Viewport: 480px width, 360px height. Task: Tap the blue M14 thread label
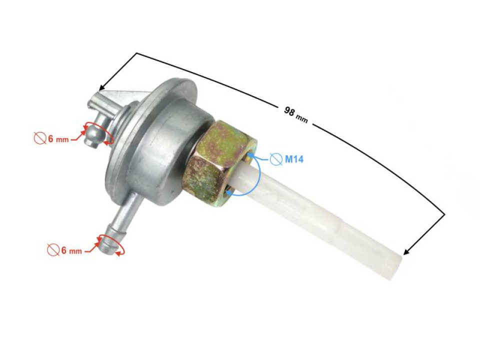click(x=293, y=159)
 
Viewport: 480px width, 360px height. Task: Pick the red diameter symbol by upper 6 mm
click(x=40, y=138)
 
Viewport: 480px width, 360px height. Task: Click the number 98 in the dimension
click(x=289, y=111)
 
